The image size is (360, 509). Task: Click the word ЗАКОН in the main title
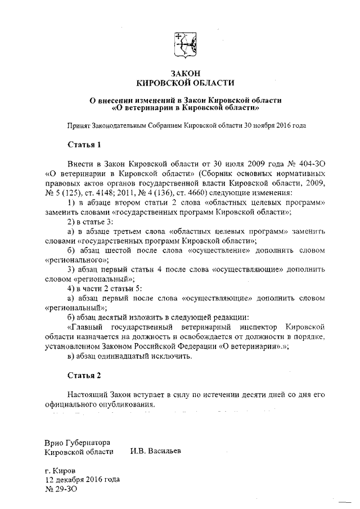(186, 73)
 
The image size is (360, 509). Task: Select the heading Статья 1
(84, 145)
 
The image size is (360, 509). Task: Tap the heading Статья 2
(84, 374)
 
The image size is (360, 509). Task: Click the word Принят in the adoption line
(79, 125)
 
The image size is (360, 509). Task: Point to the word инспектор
(255, 327)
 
